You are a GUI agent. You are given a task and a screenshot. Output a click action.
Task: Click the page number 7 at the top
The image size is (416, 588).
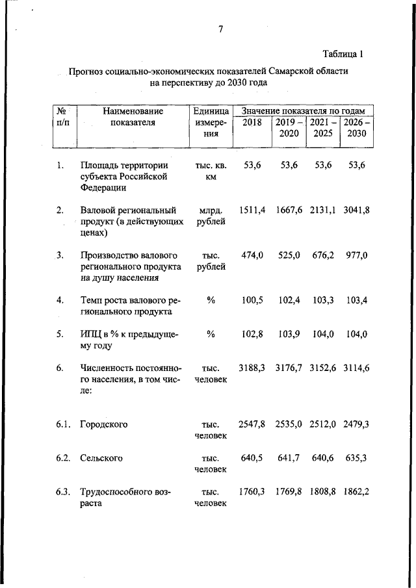point(220,29)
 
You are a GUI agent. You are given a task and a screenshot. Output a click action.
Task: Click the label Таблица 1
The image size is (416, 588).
point(343,54)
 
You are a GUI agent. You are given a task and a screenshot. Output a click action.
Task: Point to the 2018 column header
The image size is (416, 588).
point(252,122)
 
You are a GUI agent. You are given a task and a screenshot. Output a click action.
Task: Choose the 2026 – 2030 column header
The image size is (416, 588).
point(357,127)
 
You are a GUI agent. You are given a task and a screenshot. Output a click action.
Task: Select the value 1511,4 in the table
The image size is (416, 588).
point(252,210)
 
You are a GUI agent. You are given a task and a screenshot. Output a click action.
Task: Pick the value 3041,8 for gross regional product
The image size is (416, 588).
point(356,210)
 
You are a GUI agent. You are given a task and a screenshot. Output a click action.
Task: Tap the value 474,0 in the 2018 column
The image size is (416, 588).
point(252,255)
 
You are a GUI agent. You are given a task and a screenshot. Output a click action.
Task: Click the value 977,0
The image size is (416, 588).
point(356,255)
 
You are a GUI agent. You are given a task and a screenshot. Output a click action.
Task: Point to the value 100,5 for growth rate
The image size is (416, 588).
point(252,300)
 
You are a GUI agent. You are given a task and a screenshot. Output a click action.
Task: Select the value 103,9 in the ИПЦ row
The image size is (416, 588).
point(289,334)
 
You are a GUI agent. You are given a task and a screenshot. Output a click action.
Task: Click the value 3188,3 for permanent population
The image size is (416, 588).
point(252,368)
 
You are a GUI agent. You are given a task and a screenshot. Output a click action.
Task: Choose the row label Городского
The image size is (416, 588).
point(103,424)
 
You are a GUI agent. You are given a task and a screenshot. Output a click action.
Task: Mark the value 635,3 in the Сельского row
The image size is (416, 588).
point(356,458)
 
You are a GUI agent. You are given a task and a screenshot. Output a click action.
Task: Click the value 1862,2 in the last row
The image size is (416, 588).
point(356,492)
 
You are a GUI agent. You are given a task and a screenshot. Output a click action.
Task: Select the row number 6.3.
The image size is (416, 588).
point(62,492)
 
